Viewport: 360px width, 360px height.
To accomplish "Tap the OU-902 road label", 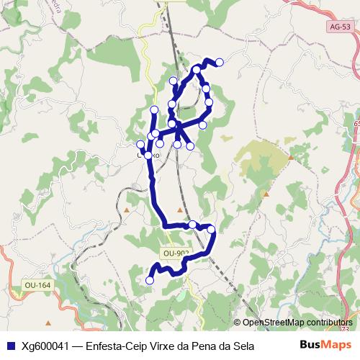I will pos(176,253).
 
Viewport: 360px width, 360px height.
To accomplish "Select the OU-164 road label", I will pos(37,286).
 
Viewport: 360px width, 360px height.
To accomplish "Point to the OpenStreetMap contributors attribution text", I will pos(297,323).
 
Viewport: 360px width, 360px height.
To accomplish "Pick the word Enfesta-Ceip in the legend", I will pos(114,346).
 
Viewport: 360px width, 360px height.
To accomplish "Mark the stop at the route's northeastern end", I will pos(220,63).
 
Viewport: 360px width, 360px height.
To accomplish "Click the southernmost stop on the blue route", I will pos(150,280).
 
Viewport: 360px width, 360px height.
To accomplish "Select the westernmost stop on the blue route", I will pos(140,144).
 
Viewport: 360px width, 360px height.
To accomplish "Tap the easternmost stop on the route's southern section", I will pos(212,230).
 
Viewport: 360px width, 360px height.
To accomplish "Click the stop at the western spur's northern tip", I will pos(154,109).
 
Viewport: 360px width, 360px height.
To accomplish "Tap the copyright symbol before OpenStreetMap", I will pos(238,323).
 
